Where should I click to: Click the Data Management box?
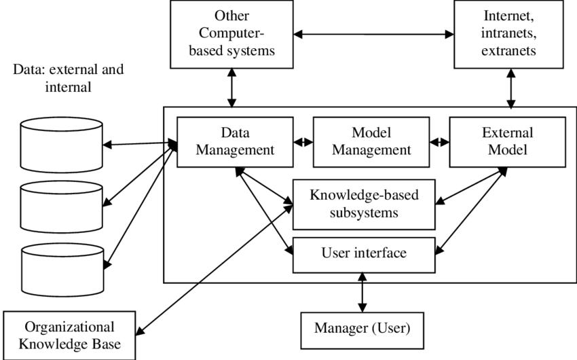[235, 141]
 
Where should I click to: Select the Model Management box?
[371, 141]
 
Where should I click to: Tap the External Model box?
[508, 141]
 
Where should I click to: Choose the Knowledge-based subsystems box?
[363, 204]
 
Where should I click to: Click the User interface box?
[363, 254]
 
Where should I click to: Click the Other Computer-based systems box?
[232, 33]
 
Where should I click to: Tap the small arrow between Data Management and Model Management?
[303, 142]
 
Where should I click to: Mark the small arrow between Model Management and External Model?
[440, 142]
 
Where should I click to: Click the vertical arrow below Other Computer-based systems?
[232, 87]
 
